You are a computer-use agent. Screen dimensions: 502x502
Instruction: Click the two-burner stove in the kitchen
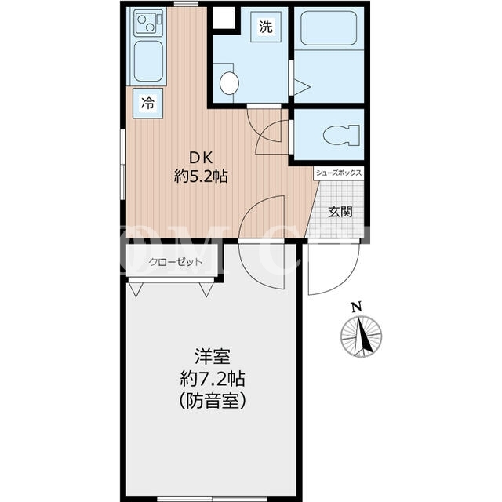point(148,23)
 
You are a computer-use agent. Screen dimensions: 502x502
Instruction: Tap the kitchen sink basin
point(148,61)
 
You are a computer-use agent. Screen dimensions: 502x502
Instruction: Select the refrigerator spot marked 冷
point(148,104)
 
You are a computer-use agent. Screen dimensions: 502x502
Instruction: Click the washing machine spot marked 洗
point(266,27)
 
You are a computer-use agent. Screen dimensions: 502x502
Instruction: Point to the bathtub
point(329,28)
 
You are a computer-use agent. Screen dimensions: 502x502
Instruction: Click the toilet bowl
point(340,135)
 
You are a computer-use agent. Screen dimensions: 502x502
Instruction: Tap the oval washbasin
point(229,83)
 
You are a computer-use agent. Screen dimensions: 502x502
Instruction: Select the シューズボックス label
point(339,173)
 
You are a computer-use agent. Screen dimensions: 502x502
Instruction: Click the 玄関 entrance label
point(340,212)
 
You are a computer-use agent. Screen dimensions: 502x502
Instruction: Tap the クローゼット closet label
point(176,262)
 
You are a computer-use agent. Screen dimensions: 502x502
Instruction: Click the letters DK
point(201,158)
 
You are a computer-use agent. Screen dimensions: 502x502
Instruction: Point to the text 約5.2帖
point(201,176)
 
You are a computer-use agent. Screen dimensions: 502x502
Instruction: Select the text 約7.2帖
point(213,379)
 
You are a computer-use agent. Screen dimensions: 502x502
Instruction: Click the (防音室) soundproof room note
point(213,401)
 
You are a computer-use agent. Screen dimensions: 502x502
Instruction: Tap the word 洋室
point(213,356)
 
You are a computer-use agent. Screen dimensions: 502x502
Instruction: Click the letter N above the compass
point(357,307)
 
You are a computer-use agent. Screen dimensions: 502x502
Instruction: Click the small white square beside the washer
point(224,18)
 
